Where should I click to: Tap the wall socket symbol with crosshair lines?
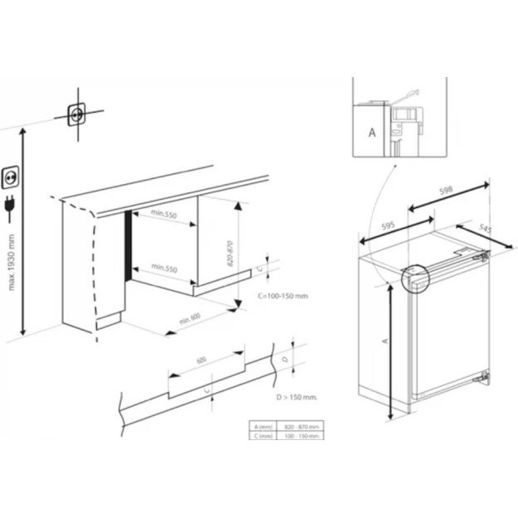click(78, 114)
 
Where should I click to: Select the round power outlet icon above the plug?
click(13, 175)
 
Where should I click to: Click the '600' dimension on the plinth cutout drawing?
click(201, 361)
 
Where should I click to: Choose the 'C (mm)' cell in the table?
click(265, 435)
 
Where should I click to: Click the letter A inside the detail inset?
click(370, 130)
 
